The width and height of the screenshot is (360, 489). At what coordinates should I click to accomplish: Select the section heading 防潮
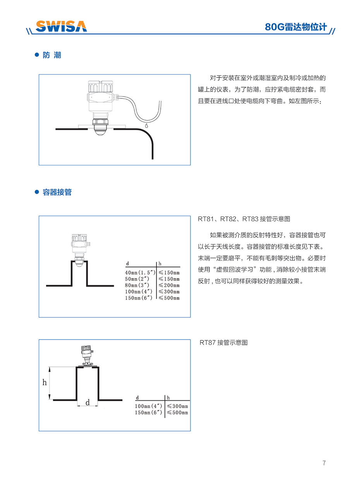click(52, 55)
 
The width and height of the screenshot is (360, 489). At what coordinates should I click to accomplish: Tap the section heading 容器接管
click(57, 192)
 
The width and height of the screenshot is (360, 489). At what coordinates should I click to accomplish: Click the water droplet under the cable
click(147, 126)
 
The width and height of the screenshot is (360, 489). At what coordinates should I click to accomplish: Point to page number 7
click(324, 463)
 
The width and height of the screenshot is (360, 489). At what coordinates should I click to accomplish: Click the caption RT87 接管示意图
click(223, 343)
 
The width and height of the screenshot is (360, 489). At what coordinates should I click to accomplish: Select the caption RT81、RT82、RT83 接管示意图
click(244, 219)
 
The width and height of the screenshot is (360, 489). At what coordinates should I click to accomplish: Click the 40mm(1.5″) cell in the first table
click(140, 272)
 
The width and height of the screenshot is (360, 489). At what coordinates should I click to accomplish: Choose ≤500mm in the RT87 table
click(177, 413)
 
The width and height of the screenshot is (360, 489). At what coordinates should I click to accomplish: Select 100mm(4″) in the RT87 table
click(149, 406)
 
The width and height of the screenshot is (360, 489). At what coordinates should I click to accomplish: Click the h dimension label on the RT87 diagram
click(45, 382)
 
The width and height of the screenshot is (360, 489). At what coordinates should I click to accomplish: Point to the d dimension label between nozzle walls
click(87, 403)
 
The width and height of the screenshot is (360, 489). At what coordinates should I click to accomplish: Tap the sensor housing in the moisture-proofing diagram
click(100, 95)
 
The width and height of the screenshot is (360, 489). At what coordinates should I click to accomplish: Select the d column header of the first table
click(127, 263)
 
